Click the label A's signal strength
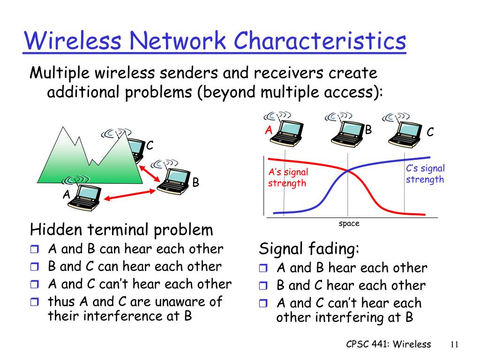(x=288, y=178)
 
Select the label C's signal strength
(x=425, y=174)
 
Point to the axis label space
(x=349, y=224)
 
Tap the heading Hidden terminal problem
(x=121, y=230)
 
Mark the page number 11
(x=454, y=345)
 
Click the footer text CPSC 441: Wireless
(x=388, y=344)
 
